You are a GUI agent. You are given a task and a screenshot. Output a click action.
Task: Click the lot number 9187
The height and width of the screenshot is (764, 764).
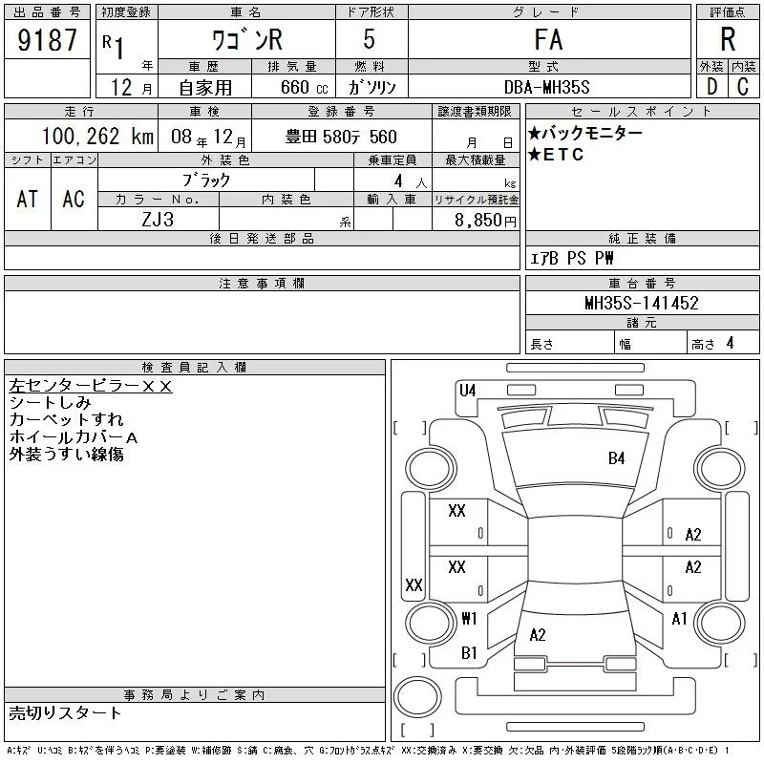click(x=48, y=41)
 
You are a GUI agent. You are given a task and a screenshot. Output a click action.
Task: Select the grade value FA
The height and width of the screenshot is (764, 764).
click(x=548, y=41)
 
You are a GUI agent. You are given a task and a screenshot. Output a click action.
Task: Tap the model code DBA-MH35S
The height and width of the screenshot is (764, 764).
click(x=548, y=87)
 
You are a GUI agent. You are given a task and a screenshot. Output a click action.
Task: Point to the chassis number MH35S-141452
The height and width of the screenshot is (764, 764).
click(x=642, y=304)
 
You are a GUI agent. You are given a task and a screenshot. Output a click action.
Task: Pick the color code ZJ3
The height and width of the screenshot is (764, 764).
click(x=158, y=220)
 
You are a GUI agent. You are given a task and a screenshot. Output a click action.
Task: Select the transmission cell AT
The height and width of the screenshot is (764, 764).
click(x=27, y=199)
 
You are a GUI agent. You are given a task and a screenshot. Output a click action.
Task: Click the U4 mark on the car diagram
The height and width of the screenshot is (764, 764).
click(x=467, y=390)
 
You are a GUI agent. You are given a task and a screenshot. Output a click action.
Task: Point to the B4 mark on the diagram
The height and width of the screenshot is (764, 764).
click(x=617, y=458)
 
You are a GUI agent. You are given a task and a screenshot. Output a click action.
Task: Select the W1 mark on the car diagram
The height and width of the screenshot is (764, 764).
click(x=469, y=618)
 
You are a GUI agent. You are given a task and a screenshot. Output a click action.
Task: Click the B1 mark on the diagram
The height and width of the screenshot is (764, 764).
click(x=469, y=653)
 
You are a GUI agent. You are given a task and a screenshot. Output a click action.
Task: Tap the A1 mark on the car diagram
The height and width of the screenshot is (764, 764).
click(x=680, y=619)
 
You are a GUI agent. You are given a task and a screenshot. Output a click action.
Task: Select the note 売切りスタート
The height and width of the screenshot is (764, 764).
click(x=65, y=713)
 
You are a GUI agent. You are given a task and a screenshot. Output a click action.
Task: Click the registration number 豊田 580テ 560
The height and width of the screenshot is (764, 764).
click(x=341, y=138)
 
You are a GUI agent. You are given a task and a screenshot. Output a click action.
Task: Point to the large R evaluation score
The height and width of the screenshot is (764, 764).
click(x=728, y=41)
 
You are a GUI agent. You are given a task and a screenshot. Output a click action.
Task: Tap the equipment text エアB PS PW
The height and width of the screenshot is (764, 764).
click(x=572, y=259)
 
